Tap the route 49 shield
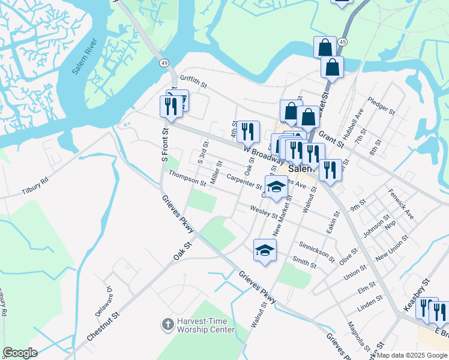tap(163, 62)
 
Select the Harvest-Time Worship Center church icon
tap(167, 325)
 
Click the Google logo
tap(20, 353)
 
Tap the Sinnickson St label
tap(316, 249)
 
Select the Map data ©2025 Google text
tap(412, 355)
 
